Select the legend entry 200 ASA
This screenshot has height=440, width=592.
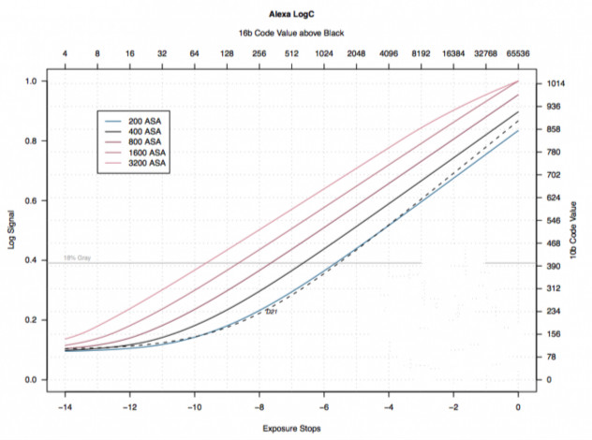[x=147, y=123]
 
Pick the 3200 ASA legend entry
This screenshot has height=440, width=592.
[x=149, y=164]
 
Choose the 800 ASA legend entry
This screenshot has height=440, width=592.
[x=147, y=143]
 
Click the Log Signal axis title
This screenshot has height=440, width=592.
[x=13, y=229]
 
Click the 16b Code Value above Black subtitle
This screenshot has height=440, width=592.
[x=290, y=34]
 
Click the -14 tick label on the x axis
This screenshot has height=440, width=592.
[x=63, y=407]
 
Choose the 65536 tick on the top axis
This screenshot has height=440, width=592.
[x=518, y=54]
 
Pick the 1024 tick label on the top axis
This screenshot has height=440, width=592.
[x=323, y=54]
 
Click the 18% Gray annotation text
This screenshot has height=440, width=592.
[x=77, y=257]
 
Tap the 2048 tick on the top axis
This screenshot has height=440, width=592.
[x=356, y=54]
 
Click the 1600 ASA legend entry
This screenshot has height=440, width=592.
[x=149, y=154]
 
